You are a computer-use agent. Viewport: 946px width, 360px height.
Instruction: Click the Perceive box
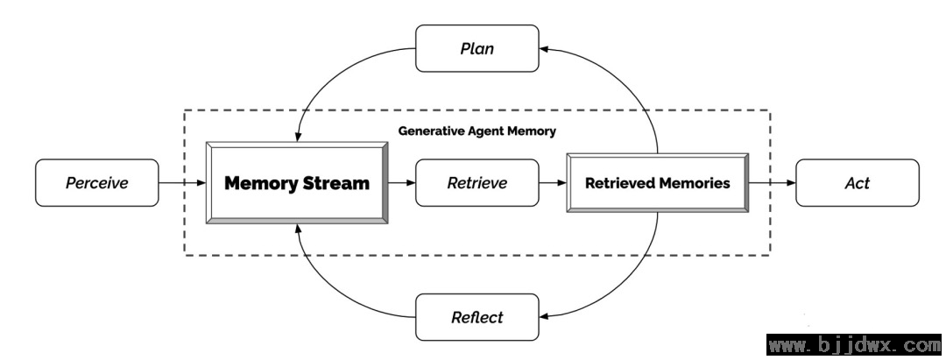pos(97,183)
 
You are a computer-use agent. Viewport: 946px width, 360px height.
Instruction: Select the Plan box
pos(477,48)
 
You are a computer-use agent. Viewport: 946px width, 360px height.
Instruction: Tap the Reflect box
pos(477,317)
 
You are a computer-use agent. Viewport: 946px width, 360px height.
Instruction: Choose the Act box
pos(858,183)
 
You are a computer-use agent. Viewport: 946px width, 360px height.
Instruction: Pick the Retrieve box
pos(477,183)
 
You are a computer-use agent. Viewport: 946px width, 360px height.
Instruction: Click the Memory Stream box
pos(297,183)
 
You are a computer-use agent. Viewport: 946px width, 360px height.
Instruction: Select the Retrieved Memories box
pos(658,183)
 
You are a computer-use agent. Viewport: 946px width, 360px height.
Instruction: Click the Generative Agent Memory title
pos(477,131)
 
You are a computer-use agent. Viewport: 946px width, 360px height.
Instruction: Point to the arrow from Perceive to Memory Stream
pos(182,183)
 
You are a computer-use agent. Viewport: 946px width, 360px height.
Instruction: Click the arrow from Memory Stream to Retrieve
pos(402,183)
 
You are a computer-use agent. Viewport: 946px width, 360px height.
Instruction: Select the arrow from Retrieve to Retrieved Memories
pos(553,183)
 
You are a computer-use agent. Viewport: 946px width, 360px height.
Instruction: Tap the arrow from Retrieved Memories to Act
pos(773,183)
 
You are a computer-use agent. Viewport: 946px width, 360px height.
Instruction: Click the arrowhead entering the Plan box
pos(544,49)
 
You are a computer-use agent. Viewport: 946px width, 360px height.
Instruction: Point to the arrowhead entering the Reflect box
pos(544,316)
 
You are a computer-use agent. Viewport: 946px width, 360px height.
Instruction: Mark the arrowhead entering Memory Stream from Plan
pos(297,137)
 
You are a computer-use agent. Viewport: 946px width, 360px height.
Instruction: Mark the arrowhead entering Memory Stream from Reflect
pos(298,229)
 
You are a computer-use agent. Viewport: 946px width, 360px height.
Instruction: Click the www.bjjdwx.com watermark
pos(854,345)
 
